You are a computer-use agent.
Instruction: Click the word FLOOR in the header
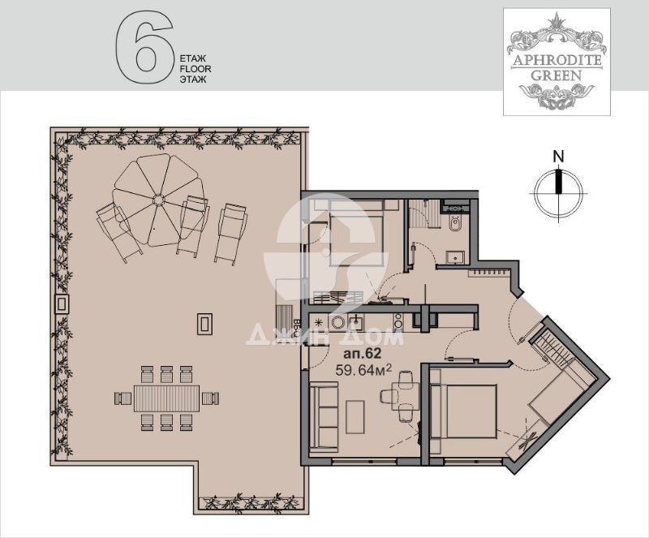click(x=196, y=69)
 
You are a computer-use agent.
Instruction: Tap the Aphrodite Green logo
click(x=557, y=62)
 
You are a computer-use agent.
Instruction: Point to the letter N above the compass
click(x=559, y=157)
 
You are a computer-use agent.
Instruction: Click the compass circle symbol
click(x=558, y=193)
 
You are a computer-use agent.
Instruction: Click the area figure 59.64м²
click(x=363, y=369)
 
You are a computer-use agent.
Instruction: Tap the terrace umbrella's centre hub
click(x=158, y=201)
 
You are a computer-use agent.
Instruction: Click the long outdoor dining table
click(x=167, y=398)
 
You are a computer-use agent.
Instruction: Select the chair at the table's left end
click(x=123, y=398)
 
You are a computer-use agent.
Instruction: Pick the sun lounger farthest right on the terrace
click(x=231, y=234)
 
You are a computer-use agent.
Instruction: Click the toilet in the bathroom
click(x=455, y=225)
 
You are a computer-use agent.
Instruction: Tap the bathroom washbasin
click(x=456, y=257)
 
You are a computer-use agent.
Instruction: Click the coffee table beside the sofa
click(x=355, y=416)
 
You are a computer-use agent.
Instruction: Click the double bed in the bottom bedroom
click(x=464, y=411)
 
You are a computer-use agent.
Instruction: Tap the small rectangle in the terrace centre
click(x=204, y=324)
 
